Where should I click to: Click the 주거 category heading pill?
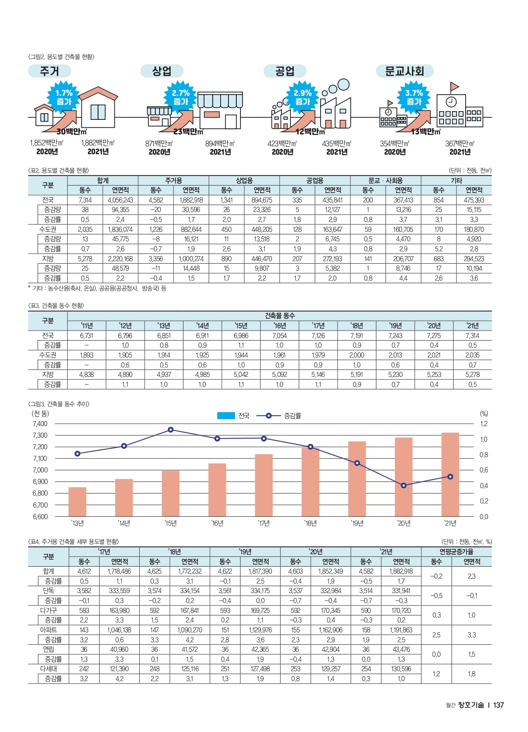tap(50, 71)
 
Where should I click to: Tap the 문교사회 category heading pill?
tap(404, 71)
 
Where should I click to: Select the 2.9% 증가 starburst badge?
tap(302, 97)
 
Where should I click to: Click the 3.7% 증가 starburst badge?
tap(414, 97)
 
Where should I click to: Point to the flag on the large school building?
tap(454, 86)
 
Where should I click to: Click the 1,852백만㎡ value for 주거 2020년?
tap(47, 143)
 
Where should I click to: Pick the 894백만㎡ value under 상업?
tap(220, 143)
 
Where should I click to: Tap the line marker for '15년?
tap(171, 430)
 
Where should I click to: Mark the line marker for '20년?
tap(404, 485)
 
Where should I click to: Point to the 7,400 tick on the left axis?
tap(40, 424)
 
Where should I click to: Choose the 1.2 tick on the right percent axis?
tap(483, 424)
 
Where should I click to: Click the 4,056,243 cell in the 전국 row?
tap(120, 200)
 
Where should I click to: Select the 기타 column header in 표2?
tap(456, 181)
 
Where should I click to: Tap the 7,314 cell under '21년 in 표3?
tap(472, 336)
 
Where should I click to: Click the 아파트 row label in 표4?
tap(48, 630)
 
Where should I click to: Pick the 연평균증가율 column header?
tap(456, 552)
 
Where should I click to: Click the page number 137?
tap(499, 705)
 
